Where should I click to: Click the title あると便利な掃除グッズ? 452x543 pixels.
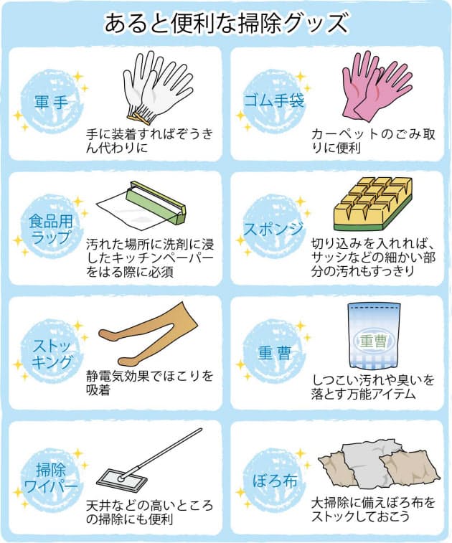[226, 23]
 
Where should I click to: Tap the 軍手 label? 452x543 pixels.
[51, 102]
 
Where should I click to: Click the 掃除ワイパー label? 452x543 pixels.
[51, 478]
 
